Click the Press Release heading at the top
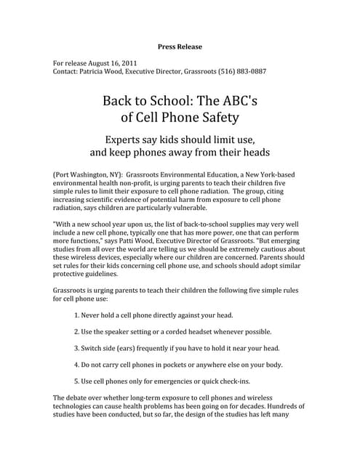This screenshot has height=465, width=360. [x=180, y=47]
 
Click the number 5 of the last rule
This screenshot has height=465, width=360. [x=77, y=381]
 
